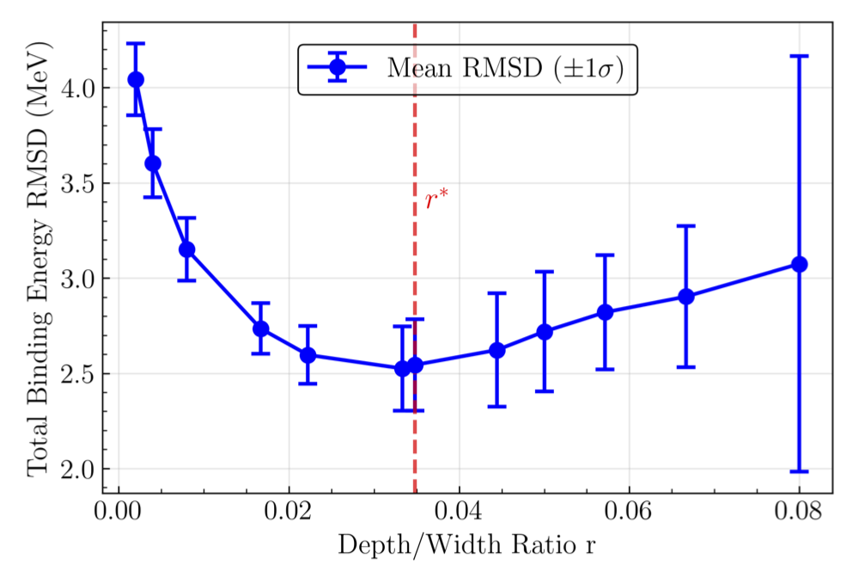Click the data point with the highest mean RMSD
coord(136,79)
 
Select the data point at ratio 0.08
coord(799,264)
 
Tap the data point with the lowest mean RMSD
coord(401,368)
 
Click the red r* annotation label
coord(437,201)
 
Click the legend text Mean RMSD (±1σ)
coord(504,68)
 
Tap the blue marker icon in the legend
coord(337,68)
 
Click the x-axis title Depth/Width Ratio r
coord(466,545)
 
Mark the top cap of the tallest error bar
coord(799,56)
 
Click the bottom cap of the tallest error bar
coord(799,471)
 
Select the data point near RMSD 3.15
coord(186,249)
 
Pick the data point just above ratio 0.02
coord(308,355)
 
